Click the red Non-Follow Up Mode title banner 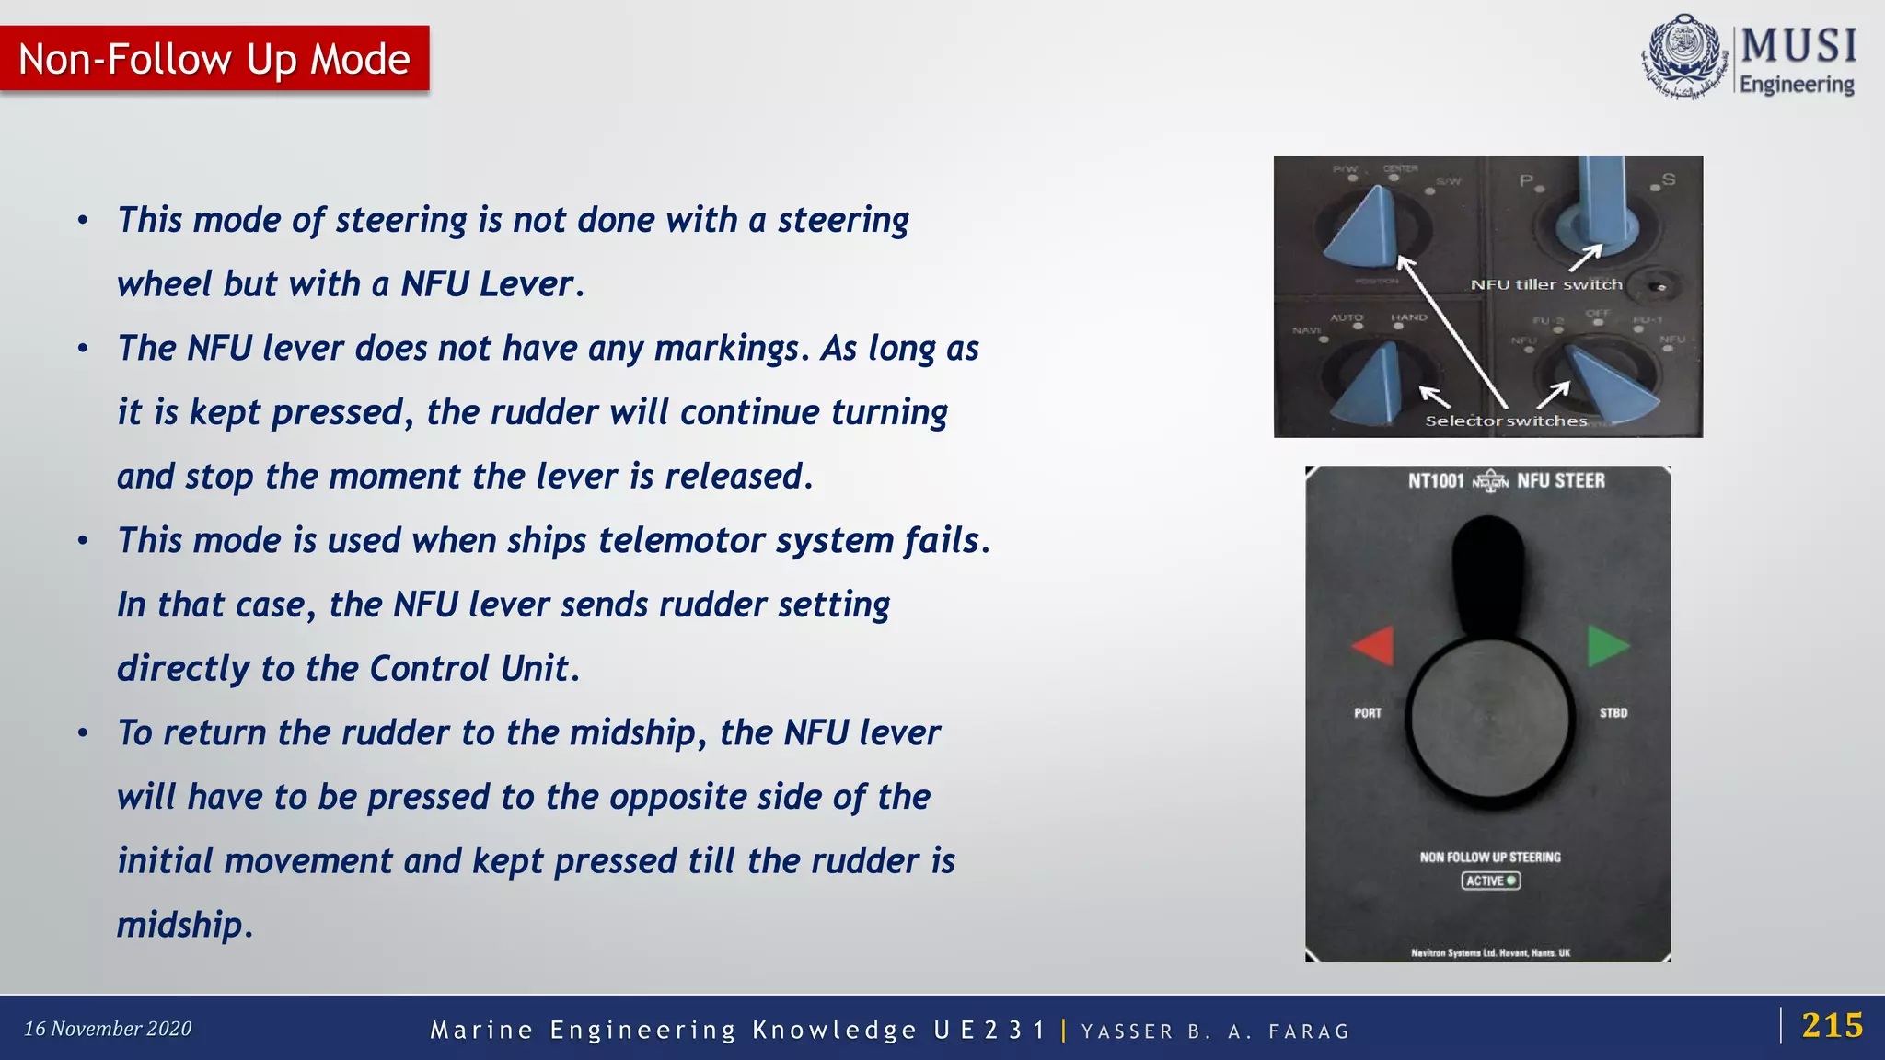(x=214, y=59)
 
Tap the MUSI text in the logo (x=1798, y=46)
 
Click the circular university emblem (x=1683, y=55)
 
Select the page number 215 (x=1832, y=1025)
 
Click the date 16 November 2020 (x=108, y=1029)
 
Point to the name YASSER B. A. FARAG (x=1215, y=1031)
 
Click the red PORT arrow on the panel (x=1373, y=646)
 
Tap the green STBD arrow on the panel (x=1607, y=646)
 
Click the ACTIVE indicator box (x=1490, y=881)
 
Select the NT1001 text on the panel (x=1435, y=480)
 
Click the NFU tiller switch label (x=1546, y=285)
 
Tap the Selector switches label (x=1506, y=421)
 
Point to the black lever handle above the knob (x=1488, y=570)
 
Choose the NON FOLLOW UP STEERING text (x=1490, y=857)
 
